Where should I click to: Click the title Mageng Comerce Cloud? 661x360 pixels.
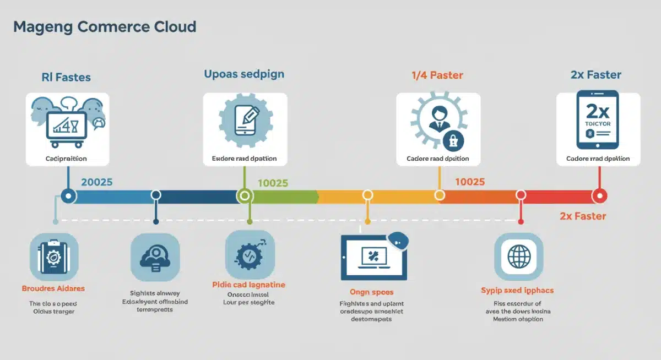(105, 26)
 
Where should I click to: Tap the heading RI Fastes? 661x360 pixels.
(66, 78)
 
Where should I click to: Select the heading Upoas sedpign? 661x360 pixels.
(244, 74)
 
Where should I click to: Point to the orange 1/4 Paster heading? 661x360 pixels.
(437, 75)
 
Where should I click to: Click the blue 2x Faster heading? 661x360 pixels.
(596, 75)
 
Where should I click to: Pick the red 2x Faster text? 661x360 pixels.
(583, 216)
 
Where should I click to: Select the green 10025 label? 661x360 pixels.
(273, 183)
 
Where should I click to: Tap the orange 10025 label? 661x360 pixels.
(469, 182)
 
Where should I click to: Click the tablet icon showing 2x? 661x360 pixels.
(598, 121)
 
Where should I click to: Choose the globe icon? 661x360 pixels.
(518, 257)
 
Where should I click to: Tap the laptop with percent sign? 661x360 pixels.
(373, 257)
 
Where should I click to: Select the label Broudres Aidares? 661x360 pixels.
(53, 288)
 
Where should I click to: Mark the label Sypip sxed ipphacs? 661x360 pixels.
(517, 290)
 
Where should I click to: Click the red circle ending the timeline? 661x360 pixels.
(599, 195)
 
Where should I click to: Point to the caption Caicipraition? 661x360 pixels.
(67, 159)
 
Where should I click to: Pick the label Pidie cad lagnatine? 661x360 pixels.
(249, 285)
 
